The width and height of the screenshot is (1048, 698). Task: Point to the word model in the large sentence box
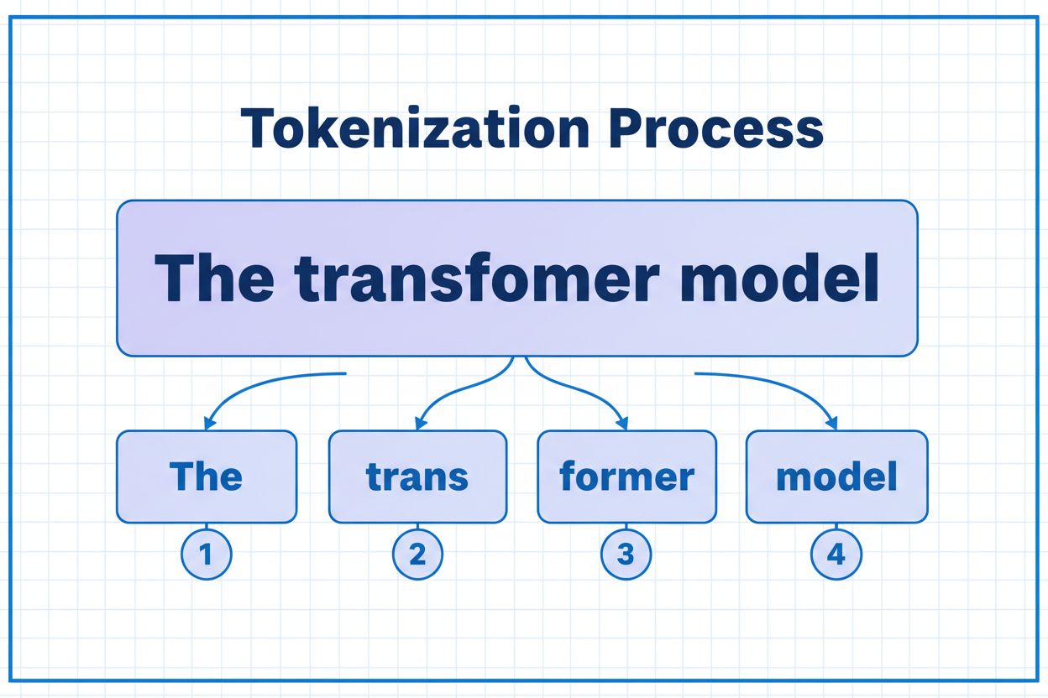(781, 278)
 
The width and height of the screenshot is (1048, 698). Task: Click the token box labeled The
(207, 477)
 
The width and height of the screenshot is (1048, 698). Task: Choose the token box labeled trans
(417, 477)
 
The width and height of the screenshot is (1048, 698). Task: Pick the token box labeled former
(626, 477)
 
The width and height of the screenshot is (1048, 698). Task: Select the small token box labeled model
(836, 477)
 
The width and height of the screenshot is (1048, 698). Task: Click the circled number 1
(207, 555)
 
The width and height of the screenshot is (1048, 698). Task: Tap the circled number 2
(417, 555)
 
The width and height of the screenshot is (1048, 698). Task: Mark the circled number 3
(626, 555)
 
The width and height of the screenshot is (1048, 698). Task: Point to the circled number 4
(836, 555)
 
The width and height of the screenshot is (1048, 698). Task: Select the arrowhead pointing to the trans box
(420, 423)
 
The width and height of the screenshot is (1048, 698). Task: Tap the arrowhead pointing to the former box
(623, 423)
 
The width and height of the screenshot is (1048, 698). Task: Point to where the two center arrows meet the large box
(519, 358)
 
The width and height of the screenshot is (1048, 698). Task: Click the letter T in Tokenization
(254, 129)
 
